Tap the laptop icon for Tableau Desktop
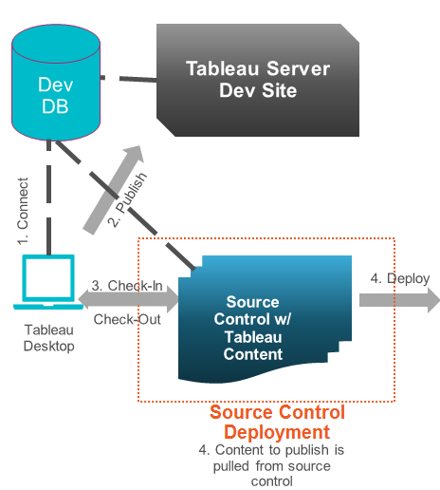pyautogui.click(x=46, y=283)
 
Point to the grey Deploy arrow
pyautogui.click(x=398, y=300)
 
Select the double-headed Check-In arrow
pyautogui.click(x=128, y=300)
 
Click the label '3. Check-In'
pyautogui.click(x=126, y=285)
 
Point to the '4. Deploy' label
pyautogui.click(x=399, y=278)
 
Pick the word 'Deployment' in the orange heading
pyautogui.click(x=277, y=432)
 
